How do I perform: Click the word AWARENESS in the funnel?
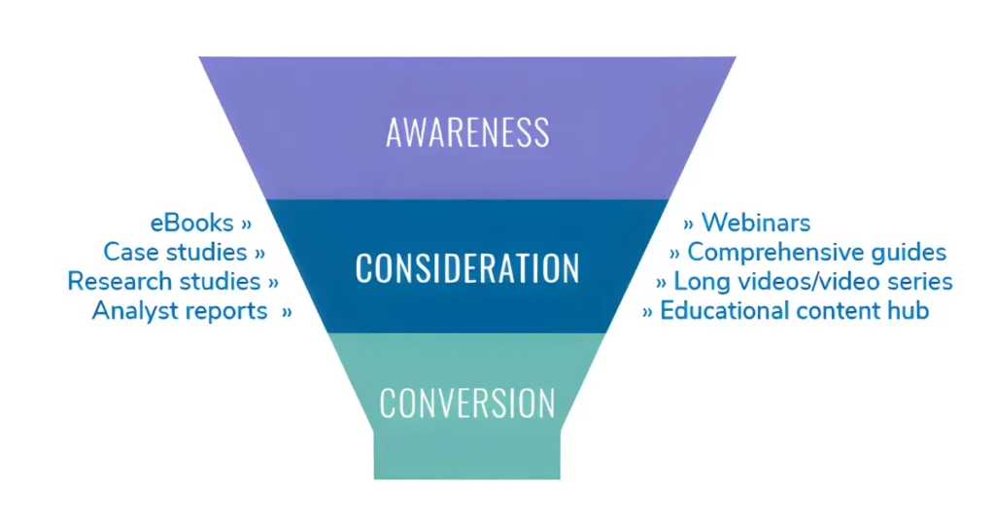[467, 132]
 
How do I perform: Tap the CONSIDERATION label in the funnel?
[467, 268]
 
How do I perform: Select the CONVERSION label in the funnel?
[467, 402]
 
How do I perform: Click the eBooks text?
[192, 224]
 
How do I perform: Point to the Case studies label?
[176, 253]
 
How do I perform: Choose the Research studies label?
[164, 282]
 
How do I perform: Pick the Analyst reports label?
[180, 311]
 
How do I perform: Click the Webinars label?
[756, 224]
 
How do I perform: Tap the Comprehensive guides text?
[816, 253]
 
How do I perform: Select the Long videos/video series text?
[813, 282]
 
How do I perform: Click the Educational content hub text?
[795, 311]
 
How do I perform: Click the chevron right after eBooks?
[246, 225]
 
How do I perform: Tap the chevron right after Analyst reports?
[287, 312]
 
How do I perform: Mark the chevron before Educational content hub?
[647, 312]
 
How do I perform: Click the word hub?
[910, 311]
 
